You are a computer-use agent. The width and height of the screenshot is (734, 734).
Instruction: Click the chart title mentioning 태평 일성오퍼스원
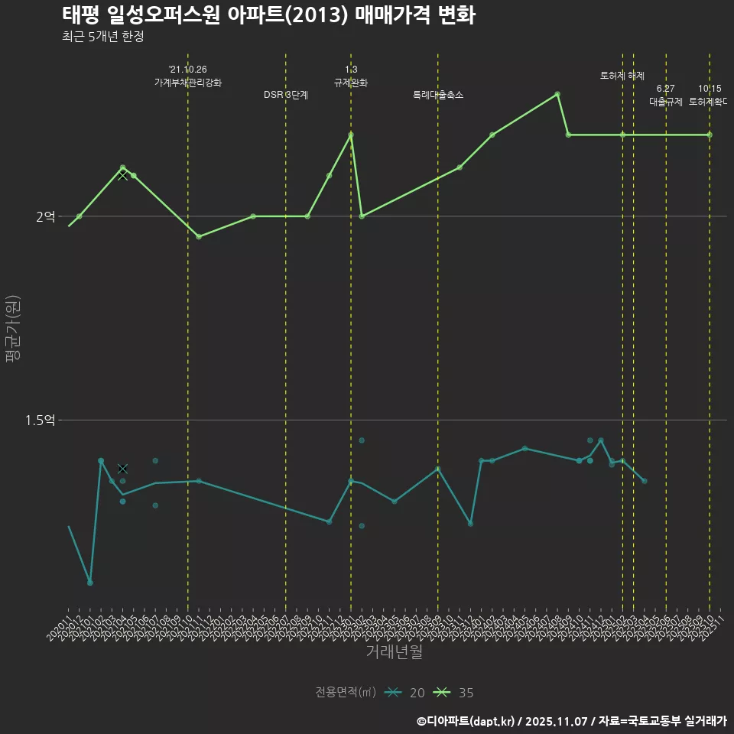click(x=268, y=15)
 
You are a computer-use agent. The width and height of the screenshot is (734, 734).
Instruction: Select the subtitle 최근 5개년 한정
click(x=102, y=37)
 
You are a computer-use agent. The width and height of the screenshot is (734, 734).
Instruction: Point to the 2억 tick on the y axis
click(x=45, y=216)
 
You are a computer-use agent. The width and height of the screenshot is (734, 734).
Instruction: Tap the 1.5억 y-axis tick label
click(x=40, y=420)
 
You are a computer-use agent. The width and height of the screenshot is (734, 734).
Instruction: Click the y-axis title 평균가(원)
click(x=13, y=330)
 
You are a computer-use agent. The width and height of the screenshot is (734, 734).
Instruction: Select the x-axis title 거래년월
click(x=393, y=652)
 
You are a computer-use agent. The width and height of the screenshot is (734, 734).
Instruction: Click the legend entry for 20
click(x=405, y=693)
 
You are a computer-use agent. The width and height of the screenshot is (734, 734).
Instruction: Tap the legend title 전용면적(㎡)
click(x=346, y=693)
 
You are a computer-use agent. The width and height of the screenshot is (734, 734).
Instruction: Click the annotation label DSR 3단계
click(x=285, y=95)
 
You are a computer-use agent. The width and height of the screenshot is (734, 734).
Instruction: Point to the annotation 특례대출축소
click(x=437, y=95)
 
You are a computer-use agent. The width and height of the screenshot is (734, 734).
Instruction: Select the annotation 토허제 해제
click(x=622, y=76)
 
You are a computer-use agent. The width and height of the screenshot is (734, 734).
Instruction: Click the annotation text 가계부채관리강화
click(x=187, y=83)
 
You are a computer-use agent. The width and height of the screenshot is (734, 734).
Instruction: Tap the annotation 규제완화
click(x=351, y=83)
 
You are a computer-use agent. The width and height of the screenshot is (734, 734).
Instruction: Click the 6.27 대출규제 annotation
click(x=665, y=96)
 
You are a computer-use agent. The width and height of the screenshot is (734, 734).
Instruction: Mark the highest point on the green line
click(x=557, y=94)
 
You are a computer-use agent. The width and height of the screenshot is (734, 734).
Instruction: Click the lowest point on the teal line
click(x=90, y=583)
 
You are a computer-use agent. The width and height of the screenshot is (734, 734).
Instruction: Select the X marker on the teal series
click(x=122, y=469)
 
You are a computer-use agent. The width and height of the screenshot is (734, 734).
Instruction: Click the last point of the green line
click(x=710, y=135)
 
